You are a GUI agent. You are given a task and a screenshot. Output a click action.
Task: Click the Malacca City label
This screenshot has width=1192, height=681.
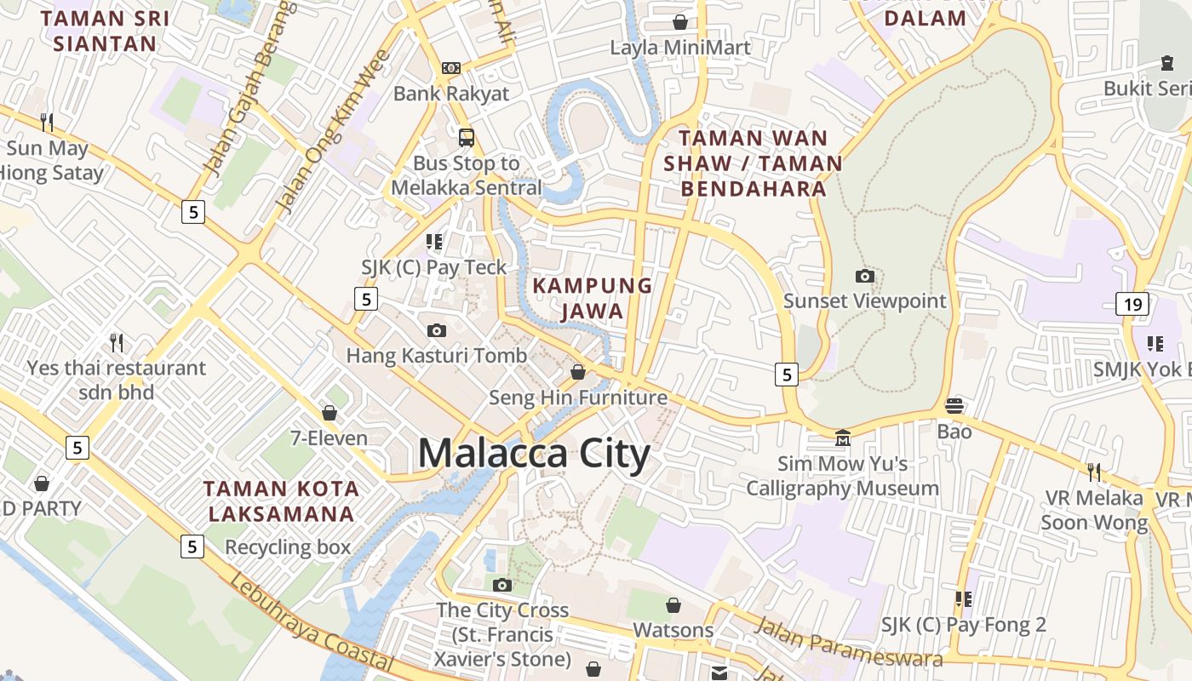point(534,454)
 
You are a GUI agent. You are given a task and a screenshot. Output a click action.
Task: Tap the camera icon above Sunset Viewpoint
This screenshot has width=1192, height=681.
point(864,276)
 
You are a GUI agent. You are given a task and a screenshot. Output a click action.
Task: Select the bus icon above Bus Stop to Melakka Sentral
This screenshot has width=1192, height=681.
point(466,137)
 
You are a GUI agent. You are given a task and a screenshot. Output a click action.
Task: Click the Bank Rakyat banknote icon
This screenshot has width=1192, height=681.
point(450,68)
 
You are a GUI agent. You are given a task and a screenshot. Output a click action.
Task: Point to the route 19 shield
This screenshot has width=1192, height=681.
point(1132,303)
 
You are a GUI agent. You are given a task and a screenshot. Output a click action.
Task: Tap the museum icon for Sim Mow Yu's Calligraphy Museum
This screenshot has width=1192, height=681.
point(842,438)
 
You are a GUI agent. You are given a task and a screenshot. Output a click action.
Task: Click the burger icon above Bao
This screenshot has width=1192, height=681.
point(954,405)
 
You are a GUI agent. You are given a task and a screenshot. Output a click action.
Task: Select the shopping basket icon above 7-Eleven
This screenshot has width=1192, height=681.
point(330,413)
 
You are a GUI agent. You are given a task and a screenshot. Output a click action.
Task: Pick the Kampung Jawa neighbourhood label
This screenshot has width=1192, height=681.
point(593,298)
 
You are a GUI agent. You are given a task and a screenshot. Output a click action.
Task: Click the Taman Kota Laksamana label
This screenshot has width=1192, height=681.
point(281,501)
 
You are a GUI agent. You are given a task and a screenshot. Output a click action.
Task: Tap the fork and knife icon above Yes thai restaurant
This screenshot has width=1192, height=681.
point(117,343)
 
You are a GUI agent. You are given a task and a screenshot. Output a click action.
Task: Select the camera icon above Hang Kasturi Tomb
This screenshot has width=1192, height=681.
point(437,330)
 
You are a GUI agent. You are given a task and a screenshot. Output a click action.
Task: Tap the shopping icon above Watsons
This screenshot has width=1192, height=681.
point(673,605)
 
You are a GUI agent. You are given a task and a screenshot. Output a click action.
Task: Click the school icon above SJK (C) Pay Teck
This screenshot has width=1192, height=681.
point(434,242)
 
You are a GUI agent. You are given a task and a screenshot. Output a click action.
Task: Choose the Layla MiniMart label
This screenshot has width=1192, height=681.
point(680,48)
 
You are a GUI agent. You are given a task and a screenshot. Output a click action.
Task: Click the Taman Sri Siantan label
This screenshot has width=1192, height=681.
point(105,31)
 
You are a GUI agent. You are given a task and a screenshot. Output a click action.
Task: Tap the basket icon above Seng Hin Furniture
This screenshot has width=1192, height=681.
point(578,372)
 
